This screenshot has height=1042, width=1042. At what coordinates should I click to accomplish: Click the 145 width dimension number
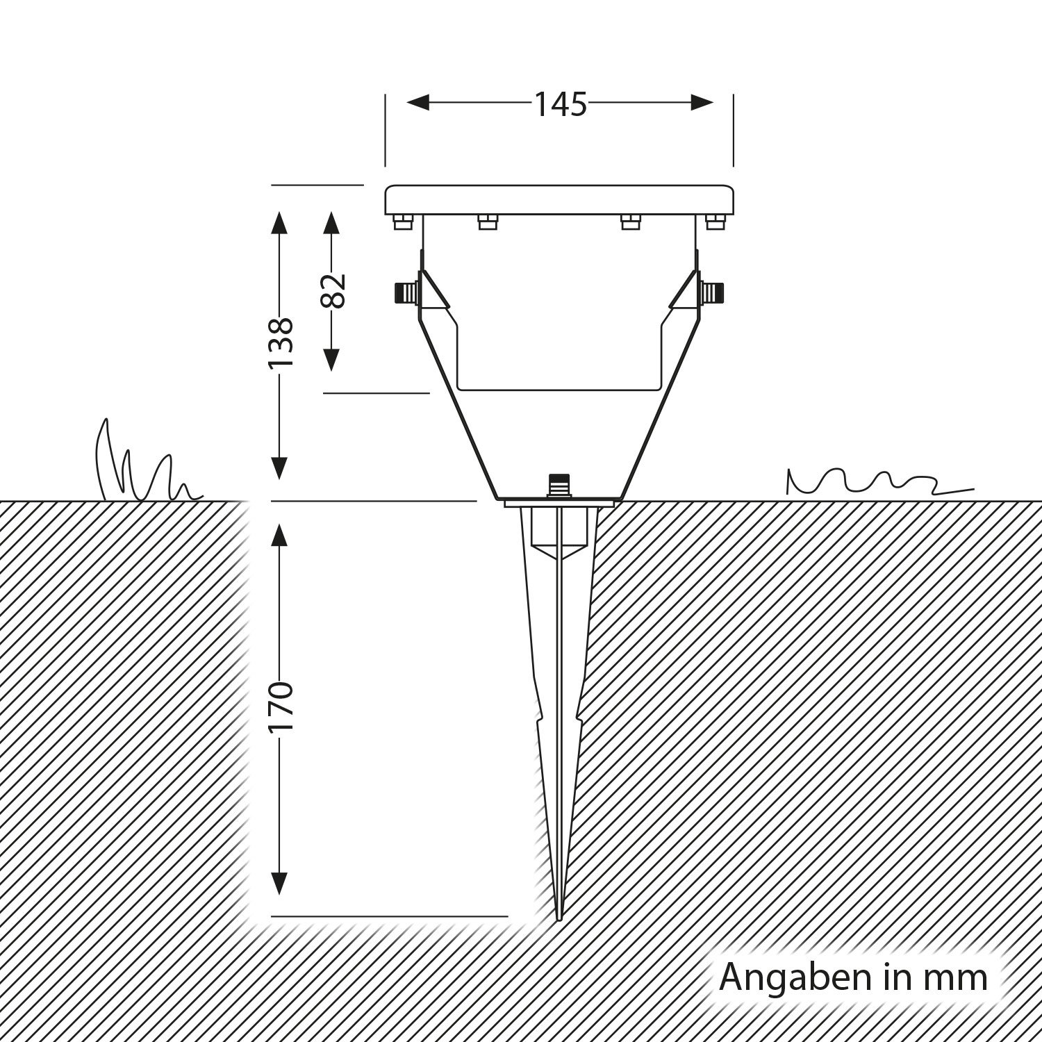tap(560, 104)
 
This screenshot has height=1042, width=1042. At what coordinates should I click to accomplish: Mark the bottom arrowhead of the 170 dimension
tap(279, 883)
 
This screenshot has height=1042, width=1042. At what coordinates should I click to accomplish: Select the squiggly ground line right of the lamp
tap(879, 481)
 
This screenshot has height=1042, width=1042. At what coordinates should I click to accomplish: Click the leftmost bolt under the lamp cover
tap(402, 222)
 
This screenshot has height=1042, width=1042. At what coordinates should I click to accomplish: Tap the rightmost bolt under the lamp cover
tap(715, 222)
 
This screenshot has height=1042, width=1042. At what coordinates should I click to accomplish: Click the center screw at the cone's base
tap(558, 485)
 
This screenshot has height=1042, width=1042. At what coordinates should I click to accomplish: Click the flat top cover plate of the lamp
tap(559, 200)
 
